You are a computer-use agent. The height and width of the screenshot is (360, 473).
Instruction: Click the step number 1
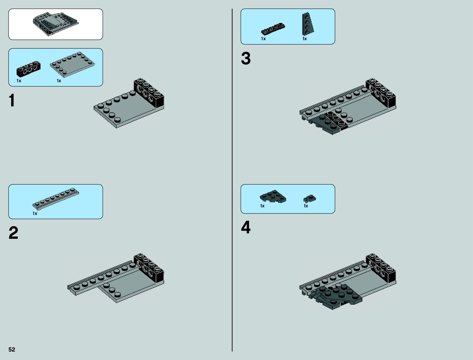coord(12,101)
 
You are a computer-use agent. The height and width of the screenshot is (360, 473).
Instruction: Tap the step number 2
coord(13,233)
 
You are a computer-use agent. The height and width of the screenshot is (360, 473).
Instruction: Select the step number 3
coord(246,59)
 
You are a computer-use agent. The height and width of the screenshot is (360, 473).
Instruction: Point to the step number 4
coord(246,228)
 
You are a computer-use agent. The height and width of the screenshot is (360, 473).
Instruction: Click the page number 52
coord(12,350)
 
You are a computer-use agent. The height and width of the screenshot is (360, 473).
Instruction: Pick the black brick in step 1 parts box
coord(28,69)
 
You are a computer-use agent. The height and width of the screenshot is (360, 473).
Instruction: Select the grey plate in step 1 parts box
coord(72,64)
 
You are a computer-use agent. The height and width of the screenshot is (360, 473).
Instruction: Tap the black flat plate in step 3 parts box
coord(273,28)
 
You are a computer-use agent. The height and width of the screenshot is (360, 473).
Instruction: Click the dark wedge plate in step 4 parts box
coord(273,196)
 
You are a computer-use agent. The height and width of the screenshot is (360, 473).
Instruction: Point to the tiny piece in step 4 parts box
coord(309,199)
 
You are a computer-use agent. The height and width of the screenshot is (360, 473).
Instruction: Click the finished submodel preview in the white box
coord(55,24)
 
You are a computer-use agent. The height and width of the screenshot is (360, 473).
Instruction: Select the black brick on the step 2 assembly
coord(149,268)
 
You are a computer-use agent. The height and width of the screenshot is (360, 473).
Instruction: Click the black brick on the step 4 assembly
coord(381,268)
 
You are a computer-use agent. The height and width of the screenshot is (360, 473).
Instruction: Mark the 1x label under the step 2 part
coord(35,213)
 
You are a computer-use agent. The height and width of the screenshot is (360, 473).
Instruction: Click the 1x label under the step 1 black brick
coord(19,81)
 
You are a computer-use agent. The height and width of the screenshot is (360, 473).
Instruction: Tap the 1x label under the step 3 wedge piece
coord(305,39)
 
